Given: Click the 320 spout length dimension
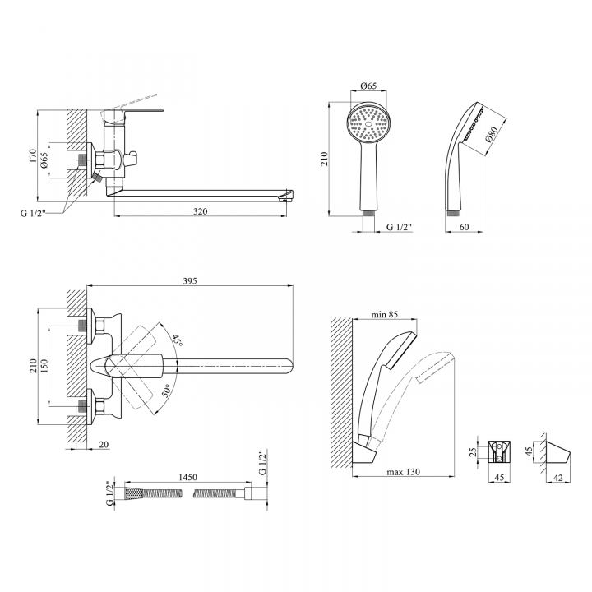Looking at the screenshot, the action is [200, 211].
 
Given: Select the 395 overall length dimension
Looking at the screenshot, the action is [190, 281].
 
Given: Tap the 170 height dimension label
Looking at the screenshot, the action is [32, 156].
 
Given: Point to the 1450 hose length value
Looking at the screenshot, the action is [187, 478].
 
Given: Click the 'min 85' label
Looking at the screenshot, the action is [384, 314].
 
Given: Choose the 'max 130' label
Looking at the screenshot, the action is [403, 472].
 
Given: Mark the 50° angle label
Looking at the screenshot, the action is [166, 390].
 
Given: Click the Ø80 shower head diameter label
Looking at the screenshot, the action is [492, 134].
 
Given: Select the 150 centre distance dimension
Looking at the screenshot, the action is [44, 366].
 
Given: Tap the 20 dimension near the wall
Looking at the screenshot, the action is [104, 445].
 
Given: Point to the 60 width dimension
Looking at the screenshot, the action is [464, 227].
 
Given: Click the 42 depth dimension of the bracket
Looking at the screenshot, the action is [557, 478].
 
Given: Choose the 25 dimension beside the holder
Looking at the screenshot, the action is [473, 452].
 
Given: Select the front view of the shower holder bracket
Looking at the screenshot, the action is [500, 451].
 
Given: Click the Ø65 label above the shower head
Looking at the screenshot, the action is [368, 86].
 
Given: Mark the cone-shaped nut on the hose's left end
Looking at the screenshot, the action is [134, 493].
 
